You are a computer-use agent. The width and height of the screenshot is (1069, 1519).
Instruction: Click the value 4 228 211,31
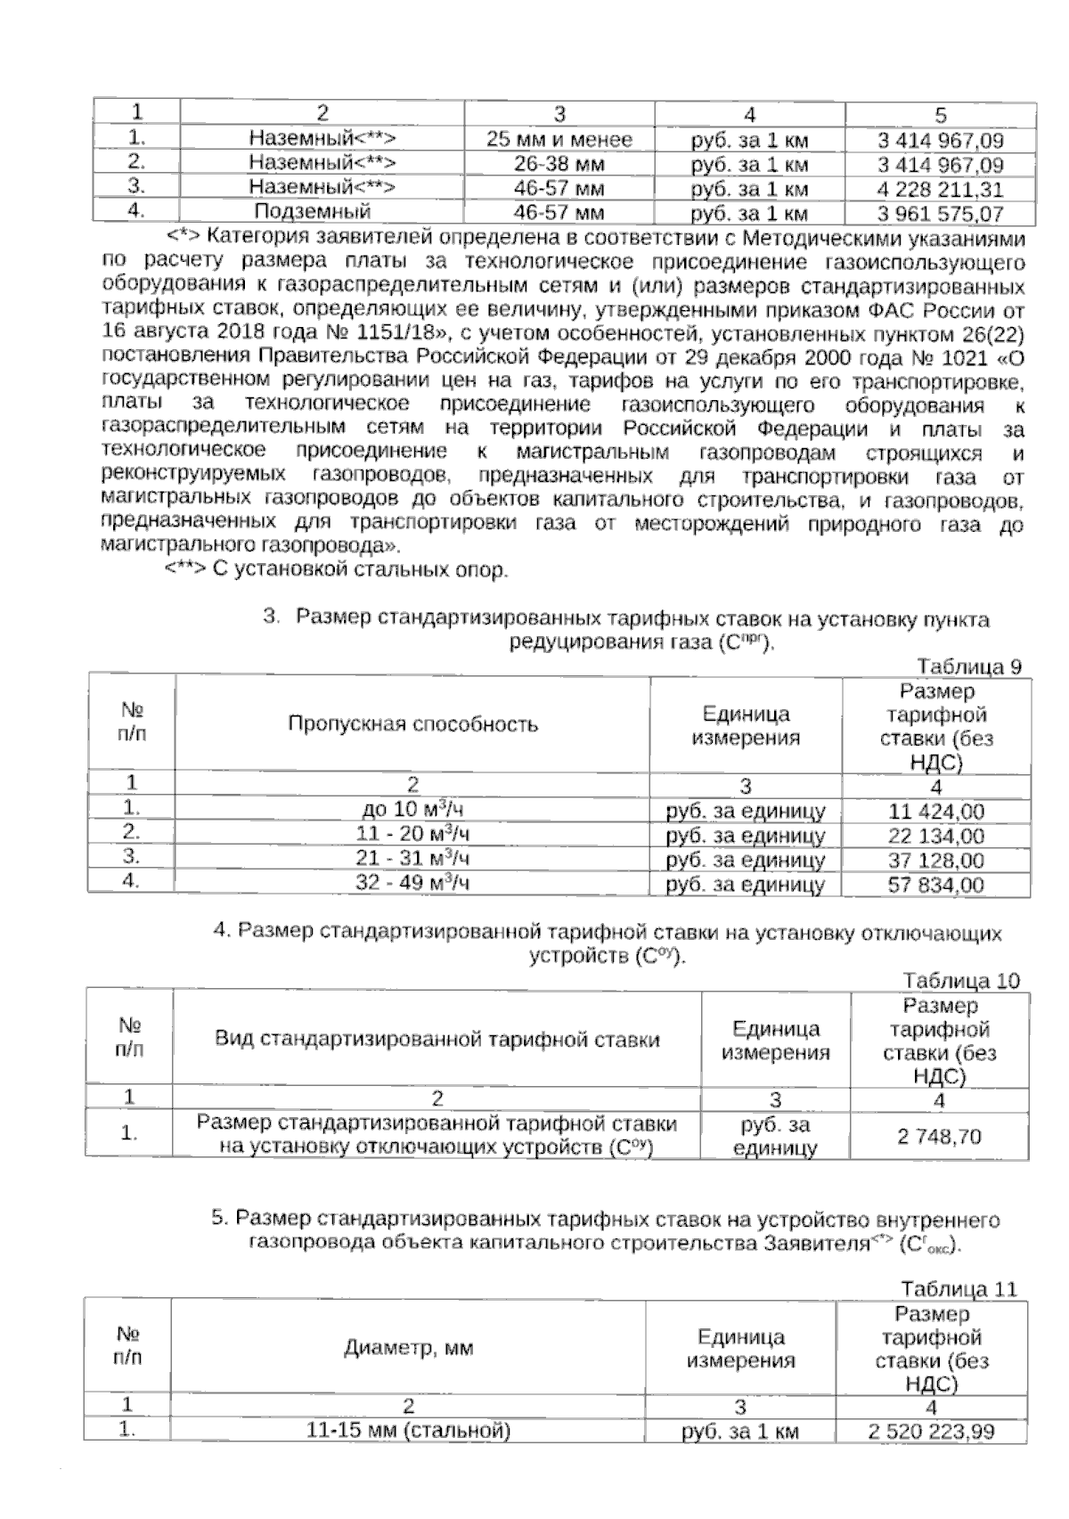point(940,190)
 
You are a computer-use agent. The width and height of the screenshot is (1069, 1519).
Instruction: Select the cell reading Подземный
point(312,212)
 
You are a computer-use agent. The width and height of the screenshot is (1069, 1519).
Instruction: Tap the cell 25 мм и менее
point(559,140)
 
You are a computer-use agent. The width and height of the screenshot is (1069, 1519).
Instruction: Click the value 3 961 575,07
point(940,214)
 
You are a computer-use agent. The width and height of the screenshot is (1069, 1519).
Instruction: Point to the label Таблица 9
point(968,666)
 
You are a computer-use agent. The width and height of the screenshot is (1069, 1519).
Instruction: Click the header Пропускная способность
point(412,723)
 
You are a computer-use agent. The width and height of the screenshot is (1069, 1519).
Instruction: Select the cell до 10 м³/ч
point(412,811)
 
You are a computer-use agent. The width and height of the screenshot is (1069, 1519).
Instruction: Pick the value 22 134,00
point(936,836)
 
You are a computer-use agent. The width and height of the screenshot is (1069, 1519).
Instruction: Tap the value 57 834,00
point(936,885)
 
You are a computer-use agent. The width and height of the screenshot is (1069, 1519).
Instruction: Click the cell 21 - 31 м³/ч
point(412,860)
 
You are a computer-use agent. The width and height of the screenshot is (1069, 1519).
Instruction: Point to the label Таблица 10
point(961,981)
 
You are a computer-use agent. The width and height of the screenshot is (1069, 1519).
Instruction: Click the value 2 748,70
point(939,1136)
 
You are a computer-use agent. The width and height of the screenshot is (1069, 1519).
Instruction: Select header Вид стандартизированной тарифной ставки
point(437,1040)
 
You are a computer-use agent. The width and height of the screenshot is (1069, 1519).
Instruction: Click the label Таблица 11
point(959,1289)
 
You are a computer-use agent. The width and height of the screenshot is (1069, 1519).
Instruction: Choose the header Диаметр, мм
point(409,1348)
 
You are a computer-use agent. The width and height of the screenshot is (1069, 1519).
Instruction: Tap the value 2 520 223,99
point(931,1432)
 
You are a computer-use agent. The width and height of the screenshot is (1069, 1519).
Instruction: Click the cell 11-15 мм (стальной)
point(408,1431)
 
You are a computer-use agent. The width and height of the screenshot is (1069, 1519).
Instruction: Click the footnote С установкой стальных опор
point(337,571)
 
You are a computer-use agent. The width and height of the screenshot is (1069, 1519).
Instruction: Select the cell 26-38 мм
point(559,165)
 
